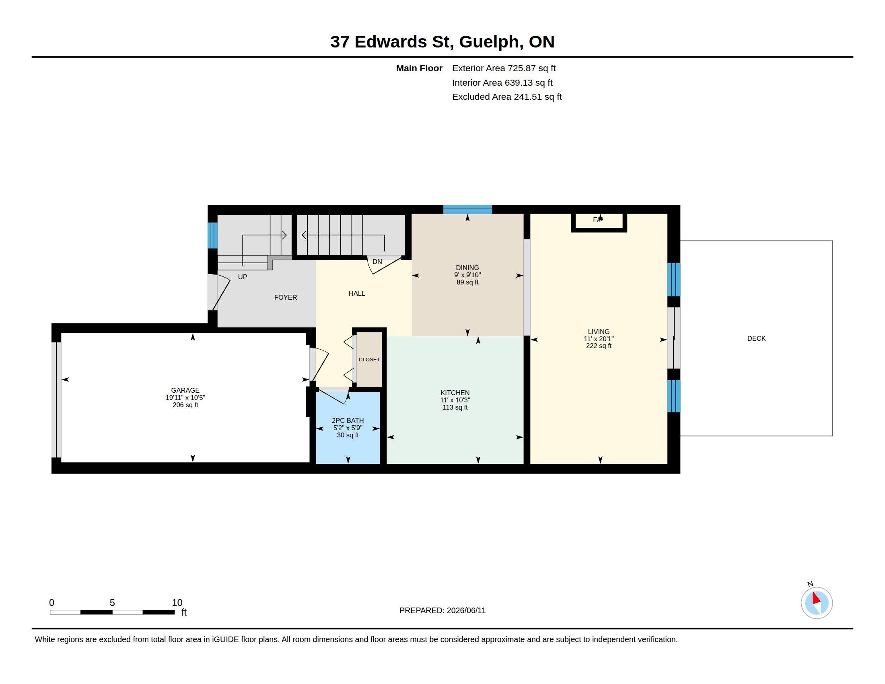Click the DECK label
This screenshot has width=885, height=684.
(756, 338)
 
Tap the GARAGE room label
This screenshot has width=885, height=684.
(185, 390)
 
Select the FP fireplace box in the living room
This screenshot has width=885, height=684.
(599, 222)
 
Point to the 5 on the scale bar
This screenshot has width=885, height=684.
(112, 603)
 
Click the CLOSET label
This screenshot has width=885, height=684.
(369, 359)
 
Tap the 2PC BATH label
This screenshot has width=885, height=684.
(348, 420)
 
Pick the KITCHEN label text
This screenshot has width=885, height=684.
(455, 393)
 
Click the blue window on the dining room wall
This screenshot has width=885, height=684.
(467, 209)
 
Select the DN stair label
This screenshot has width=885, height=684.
(377, 262)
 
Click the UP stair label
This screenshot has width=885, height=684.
(242, 277)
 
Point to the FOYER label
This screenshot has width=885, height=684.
(285, 297)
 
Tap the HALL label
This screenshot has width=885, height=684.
(356, 293)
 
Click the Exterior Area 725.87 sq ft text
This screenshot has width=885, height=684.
(504, 68)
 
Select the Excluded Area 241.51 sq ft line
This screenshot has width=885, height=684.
(507, 97)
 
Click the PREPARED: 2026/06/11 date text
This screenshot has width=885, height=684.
(442, 610)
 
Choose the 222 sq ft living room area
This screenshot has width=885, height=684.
(599, 346)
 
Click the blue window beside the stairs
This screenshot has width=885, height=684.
(212, 235)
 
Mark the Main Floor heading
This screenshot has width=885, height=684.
(420, 68)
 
